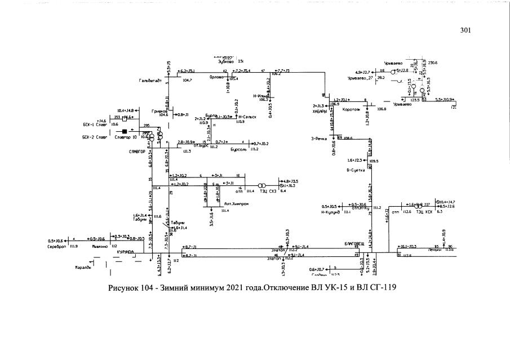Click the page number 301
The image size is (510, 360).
click(x=465, y=30)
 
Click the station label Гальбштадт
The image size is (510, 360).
click(x=150, y=81)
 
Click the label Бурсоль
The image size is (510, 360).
click(x=223, y=149)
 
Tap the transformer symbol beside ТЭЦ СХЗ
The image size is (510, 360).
click(x=260, y=186)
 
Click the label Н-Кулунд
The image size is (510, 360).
click(x=332, y=212)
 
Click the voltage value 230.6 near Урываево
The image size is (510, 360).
click(x=433, y=63)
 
